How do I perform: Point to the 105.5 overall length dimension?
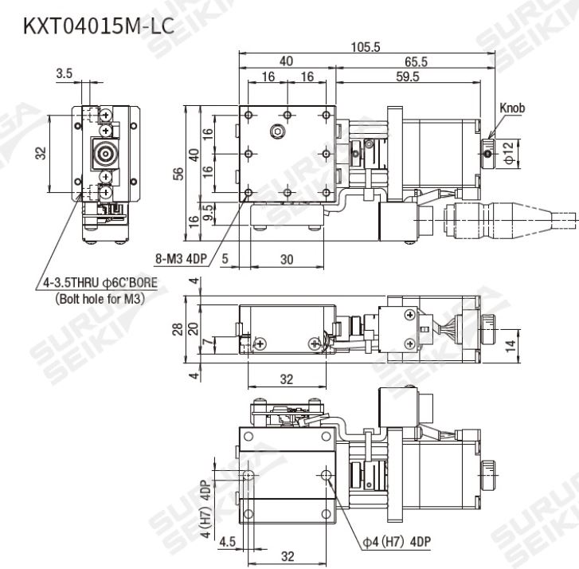click(x=365, y=48)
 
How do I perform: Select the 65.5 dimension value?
click(x=415, y=61)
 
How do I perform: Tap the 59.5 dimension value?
click(x=406, y=77)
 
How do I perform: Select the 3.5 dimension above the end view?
click(x=65, y=74)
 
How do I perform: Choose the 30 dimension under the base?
click(x=287, y=258)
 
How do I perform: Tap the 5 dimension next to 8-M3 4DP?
click(x=225, y=258)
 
